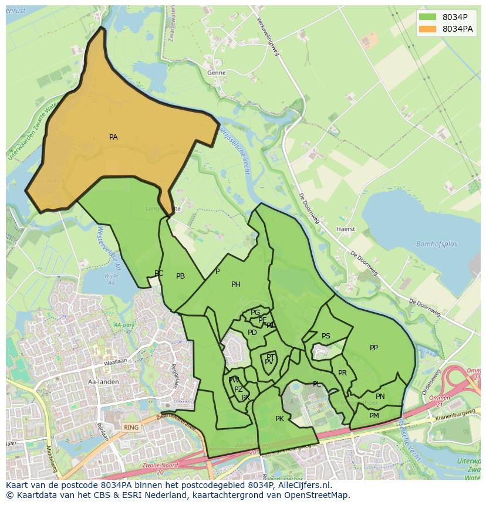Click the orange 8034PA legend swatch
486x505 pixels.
coord(428,29)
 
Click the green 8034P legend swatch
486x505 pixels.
coord(428,17)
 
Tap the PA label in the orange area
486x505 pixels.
coord(113,137)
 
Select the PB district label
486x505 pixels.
coord(181,276)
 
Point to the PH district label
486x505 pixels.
coord(236,284)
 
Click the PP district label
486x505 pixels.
coord(374,348)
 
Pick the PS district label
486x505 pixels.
coord(326,336)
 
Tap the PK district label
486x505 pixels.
coord(279,419)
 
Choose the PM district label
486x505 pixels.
coord(374,416)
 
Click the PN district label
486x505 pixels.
coord(380,396)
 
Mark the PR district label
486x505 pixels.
coord(342,373)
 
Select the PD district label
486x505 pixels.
coord(252,333)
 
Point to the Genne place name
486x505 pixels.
coord(217,73)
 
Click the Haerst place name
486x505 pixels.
coord(346,229)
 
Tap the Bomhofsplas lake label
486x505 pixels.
coord(436,244)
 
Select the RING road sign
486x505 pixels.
coord(131,428)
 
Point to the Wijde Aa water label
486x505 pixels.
coord(111,279)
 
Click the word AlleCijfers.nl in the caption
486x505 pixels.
coord(303,485)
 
